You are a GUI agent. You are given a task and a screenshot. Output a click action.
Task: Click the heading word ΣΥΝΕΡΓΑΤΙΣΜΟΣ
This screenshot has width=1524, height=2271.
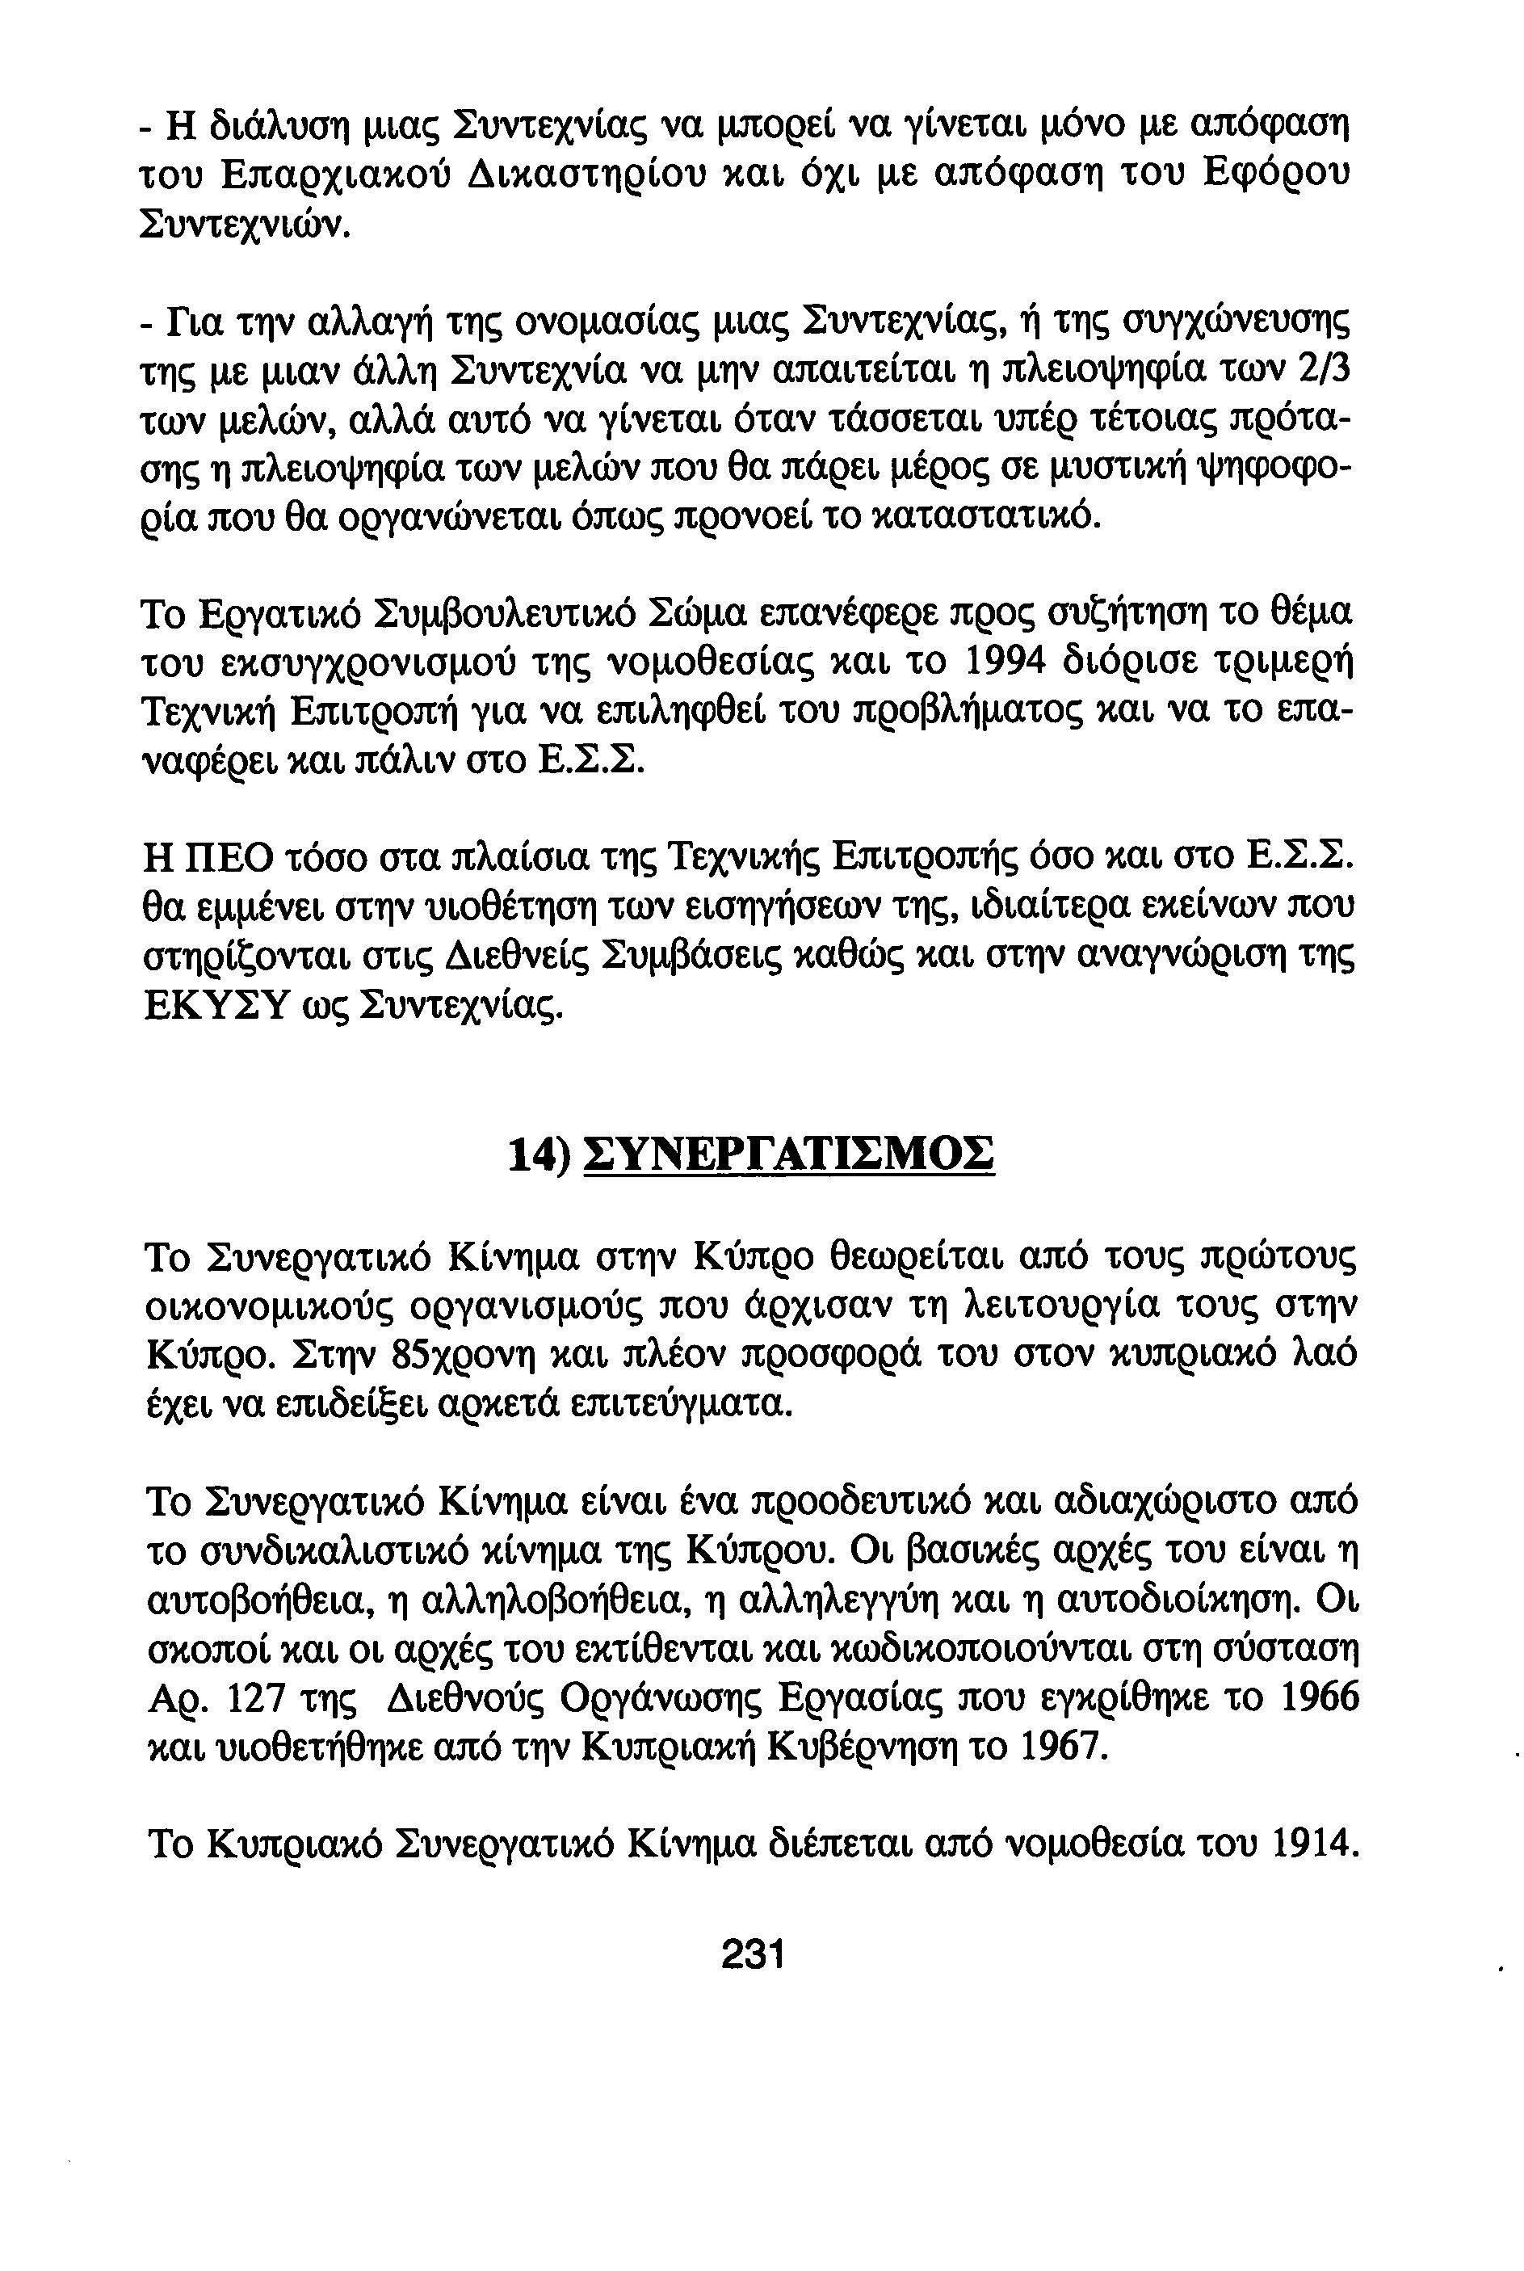pyautogui.click(x=788, y=1156)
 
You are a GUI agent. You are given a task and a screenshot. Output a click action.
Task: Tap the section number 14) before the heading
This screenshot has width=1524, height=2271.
pyautogui.click(x=539, y=1156)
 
